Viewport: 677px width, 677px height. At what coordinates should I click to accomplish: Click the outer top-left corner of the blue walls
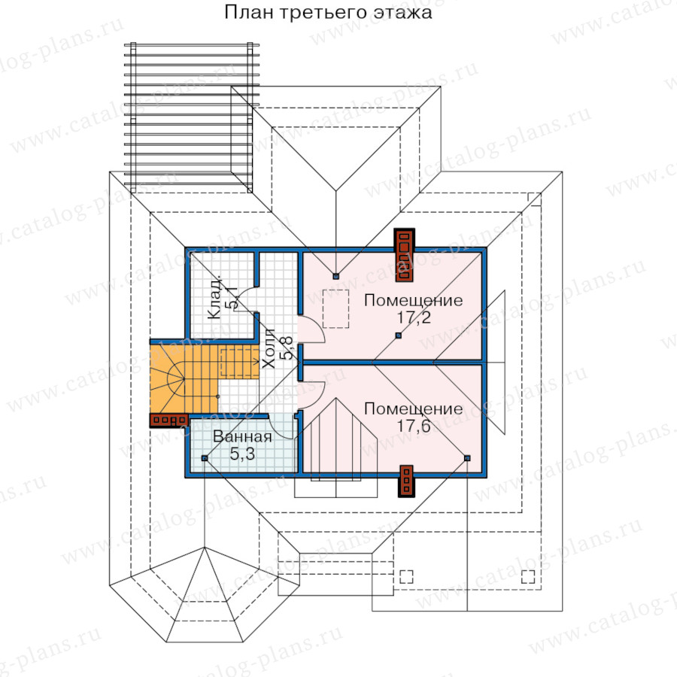(x=186, y=247)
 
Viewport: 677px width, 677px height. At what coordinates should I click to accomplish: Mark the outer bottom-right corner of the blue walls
(x=486, y=477)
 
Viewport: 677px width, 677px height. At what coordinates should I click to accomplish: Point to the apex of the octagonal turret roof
(x=205, y=547)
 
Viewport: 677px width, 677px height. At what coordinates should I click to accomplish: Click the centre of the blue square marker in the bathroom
(x=205, y=457)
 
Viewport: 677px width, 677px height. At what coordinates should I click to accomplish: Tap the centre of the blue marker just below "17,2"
(x=399, y=335)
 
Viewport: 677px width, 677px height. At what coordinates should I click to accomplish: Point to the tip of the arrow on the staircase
(x=258, y=360)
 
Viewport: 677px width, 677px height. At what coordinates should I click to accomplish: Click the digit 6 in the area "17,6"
(x=426, y=427)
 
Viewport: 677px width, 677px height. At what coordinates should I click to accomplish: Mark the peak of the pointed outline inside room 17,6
(x=336, y=399)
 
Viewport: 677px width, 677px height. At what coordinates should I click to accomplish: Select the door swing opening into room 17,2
(x=311, y=329)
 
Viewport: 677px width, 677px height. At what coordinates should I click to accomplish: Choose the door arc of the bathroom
(x=283, y=427)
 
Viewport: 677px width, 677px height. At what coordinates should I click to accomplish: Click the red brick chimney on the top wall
(x=405, y=255)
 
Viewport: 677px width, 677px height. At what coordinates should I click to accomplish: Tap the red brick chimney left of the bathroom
(x=168, y=420)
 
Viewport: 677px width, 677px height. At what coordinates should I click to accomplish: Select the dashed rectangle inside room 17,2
(x=336, y=308)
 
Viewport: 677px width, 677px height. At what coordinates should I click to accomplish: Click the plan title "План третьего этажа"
(x=328, y=12)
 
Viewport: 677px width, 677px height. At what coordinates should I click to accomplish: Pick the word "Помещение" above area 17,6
(x=413, y=408)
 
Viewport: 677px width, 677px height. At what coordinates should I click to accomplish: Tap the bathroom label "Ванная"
(x=242, y=436)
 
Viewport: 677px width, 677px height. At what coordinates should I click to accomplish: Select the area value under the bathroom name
(x=242, y=454)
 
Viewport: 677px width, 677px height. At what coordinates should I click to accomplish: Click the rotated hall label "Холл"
(x=269, y=348)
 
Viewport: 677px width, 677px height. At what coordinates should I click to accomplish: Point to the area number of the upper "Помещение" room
(x=414, y=317)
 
